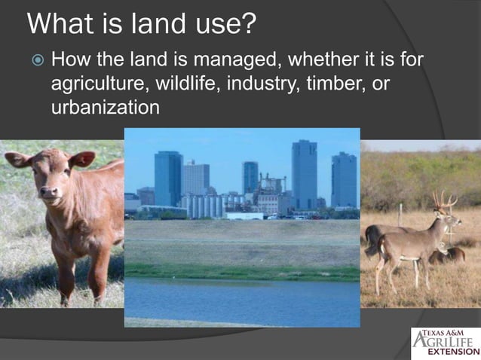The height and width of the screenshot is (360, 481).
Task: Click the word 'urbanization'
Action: (x=105, y=107)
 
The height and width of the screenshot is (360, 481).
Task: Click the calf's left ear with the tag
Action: (x=81, y=159)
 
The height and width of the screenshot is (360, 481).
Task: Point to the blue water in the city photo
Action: (x=241, y=297)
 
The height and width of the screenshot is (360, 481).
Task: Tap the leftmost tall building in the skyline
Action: (x=168, y=178)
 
